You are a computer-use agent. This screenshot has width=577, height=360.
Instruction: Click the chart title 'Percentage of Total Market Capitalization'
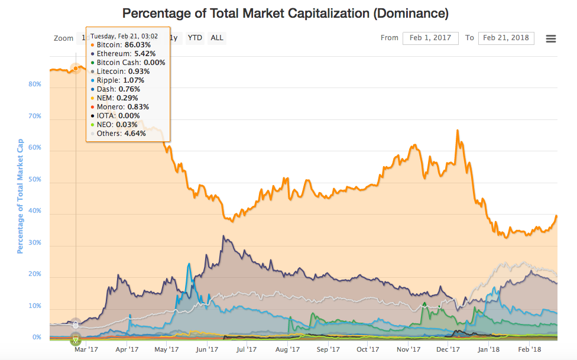coord(285,12)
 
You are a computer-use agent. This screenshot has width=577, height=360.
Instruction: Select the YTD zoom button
coord(195,38)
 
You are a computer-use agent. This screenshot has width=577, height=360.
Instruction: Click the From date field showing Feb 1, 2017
coord(430,38)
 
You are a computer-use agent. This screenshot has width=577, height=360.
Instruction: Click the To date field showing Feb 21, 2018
coord(505,38)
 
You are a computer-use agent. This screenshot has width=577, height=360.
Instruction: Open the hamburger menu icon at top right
coord(550,38)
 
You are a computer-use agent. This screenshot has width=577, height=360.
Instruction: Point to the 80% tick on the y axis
coord(35,84)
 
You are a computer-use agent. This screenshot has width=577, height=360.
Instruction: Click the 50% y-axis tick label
coord(35,179)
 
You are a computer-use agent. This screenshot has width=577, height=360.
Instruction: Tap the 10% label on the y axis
coord(35,306)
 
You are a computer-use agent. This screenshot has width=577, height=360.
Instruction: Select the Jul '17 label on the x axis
coord(246,349)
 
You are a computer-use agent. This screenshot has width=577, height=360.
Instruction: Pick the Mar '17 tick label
coord(86,349)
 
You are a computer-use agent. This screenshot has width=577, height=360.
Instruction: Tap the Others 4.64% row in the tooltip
coord(121,134)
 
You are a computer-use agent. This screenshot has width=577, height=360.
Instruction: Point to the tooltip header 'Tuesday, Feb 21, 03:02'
coord(124,35)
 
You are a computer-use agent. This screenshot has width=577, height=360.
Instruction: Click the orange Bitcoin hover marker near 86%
coord(75,69)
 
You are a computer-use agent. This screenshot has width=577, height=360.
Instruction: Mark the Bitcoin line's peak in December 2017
coord(457,131)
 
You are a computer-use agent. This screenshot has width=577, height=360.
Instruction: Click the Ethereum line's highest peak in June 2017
coord(223,236)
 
